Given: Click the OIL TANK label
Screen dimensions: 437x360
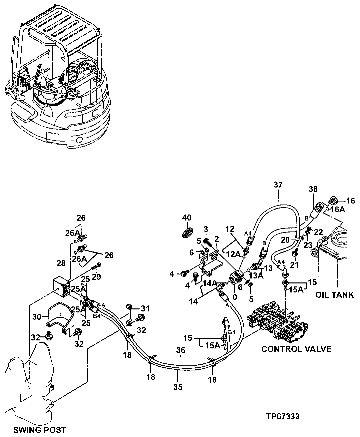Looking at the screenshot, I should [335, 295].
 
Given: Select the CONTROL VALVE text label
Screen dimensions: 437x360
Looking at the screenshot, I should [296, 349].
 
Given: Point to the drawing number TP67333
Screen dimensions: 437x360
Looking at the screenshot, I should [283, 416].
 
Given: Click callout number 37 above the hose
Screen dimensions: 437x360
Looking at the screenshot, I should [278, 185].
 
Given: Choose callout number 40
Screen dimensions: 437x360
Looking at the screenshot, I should [187, 218].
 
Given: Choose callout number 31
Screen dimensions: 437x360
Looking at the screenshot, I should [145, 308].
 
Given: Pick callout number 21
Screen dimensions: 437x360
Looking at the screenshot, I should [295, 265].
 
